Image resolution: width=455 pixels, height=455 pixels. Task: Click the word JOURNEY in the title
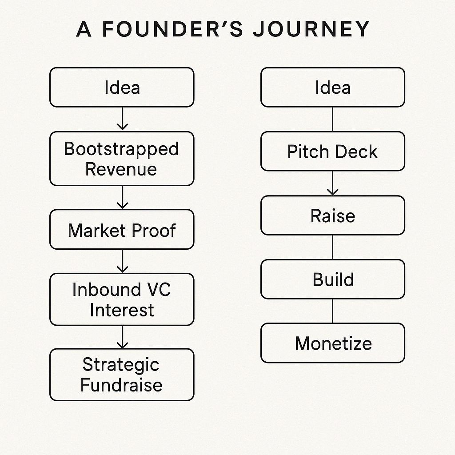(x=311, y=29)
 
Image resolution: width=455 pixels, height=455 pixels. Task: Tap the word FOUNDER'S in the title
(x=173, y=29)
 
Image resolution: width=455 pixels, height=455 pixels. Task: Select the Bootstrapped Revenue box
(x=122, y=159)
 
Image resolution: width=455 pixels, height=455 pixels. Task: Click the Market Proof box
(x=122, y=229)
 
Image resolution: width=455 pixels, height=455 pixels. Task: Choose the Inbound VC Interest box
(x=122, y=299)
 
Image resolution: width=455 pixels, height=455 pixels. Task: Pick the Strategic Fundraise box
(x=122, y=375)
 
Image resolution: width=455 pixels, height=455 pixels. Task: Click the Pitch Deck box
(x=332, y=151)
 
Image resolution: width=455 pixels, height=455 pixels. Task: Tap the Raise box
(x=332, y=216)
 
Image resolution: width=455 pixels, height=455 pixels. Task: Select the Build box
(x=332, y=279)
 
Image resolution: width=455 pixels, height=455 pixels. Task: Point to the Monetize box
(x=332, y=343)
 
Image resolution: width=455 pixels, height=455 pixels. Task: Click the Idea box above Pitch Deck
(x=332, y=88)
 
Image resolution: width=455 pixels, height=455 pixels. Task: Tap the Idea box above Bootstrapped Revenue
(x=122, y=88)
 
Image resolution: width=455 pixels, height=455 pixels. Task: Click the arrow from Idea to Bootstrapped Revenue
(x=123, y=119)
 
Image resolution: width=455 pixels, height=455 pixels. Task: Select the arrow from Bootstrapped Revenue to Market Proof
(x=123, y=197)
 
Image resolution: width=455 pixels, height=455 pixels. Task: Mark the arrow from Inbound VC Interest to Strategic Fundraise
(x=123, y=337)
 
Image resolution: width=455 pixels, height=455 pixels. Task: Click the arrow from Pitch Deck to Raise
(x=332, y=183)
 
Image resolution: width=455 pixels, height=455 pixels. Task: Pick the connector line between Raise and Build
(x=332, y=247)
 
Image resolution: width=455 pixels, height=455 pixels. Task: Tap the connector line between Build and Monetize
(x=332, y=311)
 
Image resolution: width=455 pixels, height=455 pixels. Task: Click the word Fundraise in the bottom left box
(x=121, y=385)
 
